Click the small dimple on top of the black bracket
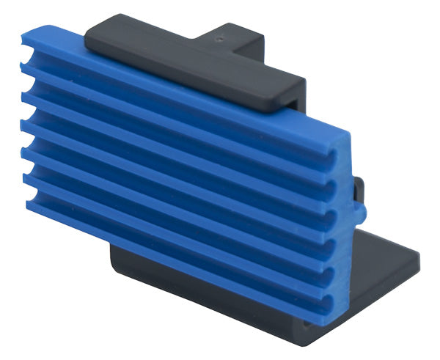[218, 34]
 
